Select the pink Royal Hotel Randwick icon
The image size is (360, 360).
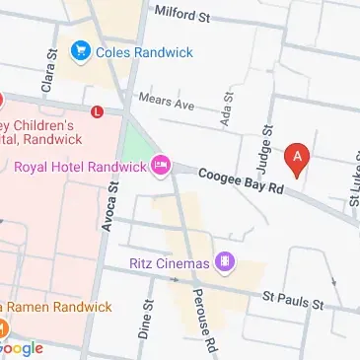coord(161,166)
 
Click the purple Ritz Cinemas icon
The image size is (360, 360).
coord(226,262)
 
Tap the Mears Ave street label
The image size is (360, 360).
coord(168,101)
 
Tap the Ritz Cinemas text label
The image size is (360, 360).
coord(170,263)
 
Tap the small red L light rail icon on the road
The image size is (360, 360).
coord(96,112)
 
